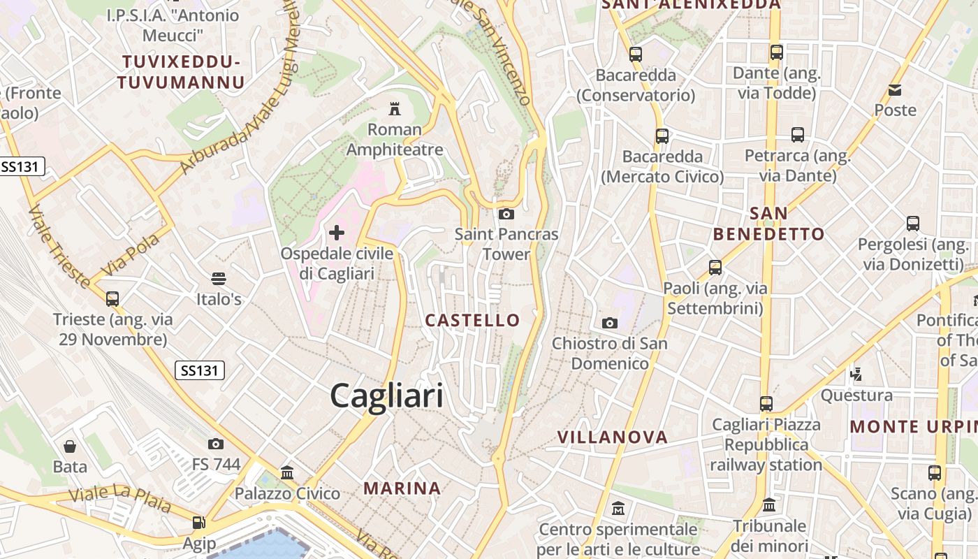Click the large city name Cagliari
pyautogui.click(x=386, y=395)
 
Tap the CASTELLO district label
pyautogui.click(x=473, y=321)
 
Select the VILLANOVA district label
pyautogui.click(x=613, y=437)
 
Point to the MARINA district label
pyautogui.click(x=402, y=488)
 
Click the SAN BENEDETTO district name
pyautogui.click(x=768, y=224)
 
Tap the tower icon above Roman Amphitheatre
pyautogui.click(x=395, y=108)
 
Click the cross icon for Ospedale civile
pyautogui.click(x=337, y=232)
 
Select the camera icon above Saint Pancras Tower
pyautogui.click(x=506, y=214)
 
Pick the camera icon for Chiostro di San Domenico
pyautogui.click(x=610, y=323)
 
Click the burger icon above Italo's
pyautogui.click(x=219, y=279)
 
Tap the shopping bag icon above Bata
pyautogui.click(x=70, y=446)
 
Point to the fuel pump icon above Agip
pyautogui.click(x=199, y=523)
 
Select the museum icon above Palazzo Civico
pyautogui.click(x=287, y=473)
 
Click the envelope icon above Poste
pyautogui.click(x=895, y=89)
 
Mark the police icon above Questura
pyautogui.click(x=856, y=374)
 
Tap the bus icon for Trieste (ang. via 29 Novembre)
pyautogui.click(x=112, y=299)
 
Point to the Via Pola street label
pyautogui.click(x=131, y=254)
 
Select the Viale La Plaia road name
pyautogui.click(x=119, y=498)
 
